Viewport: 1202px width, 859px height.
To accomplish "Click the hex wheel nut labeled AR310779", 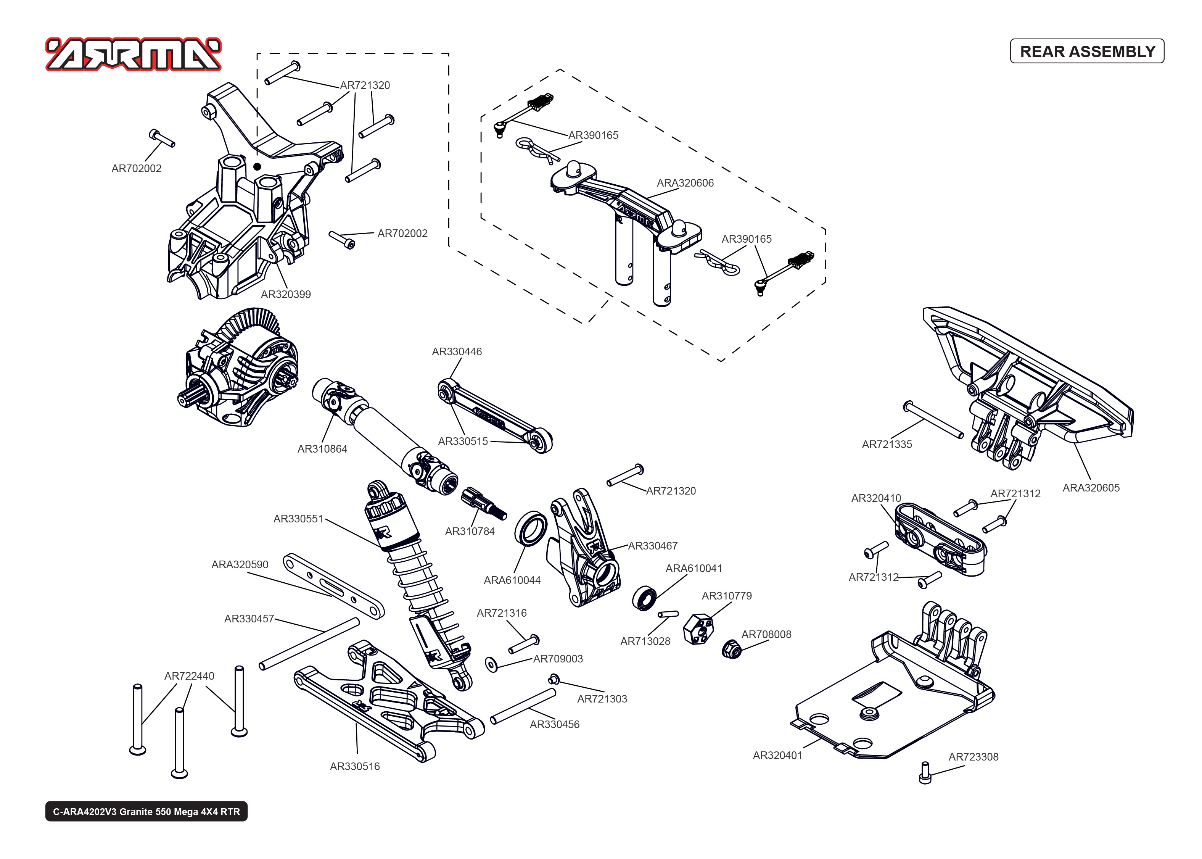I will (x=698, y=629).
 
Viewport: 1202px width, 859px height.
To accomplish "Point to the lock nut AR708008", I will (x=731, y=649).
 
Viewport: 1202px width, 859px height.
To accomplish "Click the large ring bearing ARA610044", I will (x=530, y=527).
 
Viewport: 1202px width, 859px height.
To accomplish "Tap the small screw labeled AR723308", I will (x=925, y=773).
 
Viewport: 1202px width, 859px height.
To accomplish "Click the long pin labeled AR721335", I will (x=933, y=421).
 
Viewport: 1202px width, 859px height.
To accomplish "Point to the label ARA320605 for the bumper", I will (x=1091, y=488).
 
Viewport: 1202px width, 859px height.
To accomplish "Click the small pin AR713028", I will (x=668, y=615).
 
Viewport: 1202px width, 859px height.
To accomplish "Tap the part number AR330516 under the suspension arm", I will (x=355, y=766).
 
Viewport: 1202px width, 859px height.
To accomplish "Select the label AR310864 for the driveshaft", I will (x=322, y=449).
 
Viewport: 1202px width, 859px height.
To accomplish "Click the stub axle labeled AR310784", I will (x=483, y=504).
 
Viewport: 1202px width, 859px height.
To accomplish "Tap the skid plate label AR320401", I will (x=777, y=755).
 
